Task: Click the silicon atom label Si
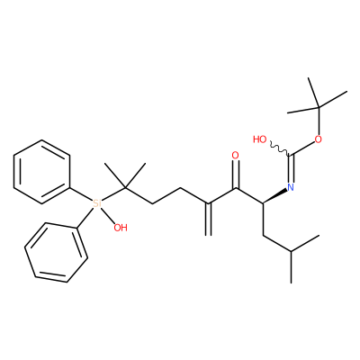pyautogui.click(x=97, y=203)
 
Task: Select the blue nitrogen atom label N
pyautogui.click(x=290, y=188)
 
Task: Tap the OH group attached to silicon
pyautogui.click(x=121, y=228)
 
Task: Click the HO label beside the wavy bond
pyautogui.click(x=259, y=139)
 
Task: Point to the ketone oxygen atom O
pyautogui.click(x=236, y=156)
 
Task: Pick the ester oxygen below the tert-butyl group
pyautogui.click(x=318, y=139)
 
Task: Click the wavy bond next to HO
pyautogui.click(x=280, y=149)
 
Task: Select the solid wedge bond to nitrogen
pyautogui.click(x=274, y=196)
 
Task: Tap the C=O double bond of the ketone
pyautogui.click(x=236, y=175)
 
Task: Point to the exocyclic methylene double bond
pyautogui.click(x=209, y=220)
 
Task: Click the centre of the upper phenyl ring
pyautogui.click(x=41, y=172)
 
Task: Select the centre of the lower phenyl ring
pyautogui.click(x=56, y=252)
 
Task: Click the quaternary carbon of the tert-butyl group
pyautogui.click(x=319, y=107)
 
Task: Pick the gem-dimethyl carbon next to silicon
pyautogui.click(x=125, y=188)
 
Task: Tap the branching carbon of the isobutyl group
pyautogui.click(x=291, y=251)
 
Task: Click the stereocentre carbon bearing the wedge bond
pyautogui.click(x=263, y=203)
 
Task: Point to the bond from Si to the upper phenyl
pyautogui.click(x=81, y=195)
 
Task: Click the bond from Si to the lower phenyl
pyautogui.click(x=85, y=219)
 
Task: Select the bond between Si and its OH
pyautogui.click(x=108, y=216)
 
